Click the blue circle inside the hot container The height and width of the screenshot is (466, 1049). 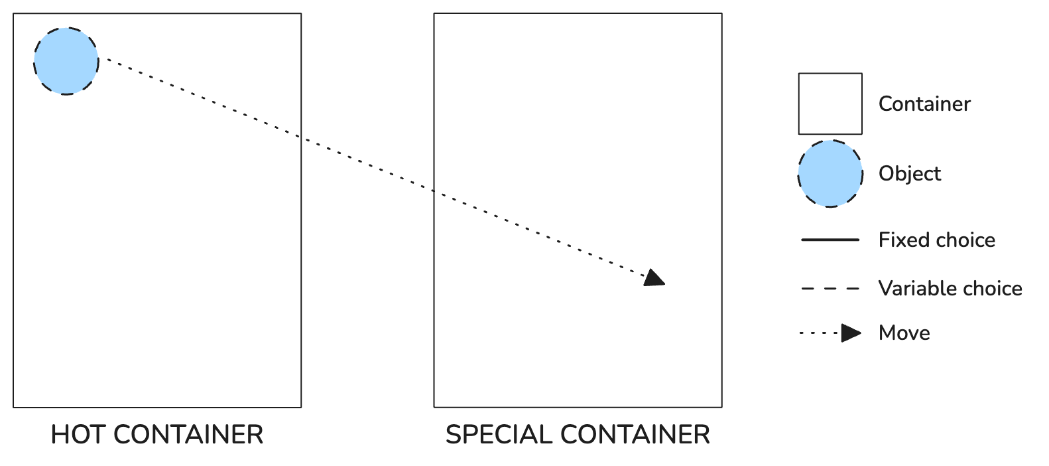pos(66,61)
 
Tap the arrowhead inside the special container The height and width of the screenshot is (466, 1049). pos(654,278)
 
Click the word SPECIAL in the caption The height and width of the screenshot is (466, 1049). pos(499,434)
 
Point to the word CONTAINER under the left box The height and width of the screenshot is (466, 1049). pos(188,434)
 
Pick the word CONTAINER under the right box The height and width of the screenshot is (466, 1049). pos(635,434)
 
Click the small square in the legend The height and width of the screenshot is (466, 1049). pos(830,104)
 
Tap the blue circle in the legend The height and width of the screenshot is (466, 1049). pos(830,173)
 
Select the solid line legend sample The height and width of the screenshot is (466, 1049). pos(830,240)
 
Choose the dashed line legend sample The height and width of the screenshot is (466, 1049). pos(830,288)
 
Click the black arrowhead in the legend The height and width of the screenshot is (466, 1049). pos(851,333)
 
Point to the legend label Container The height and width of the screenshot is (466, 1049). pos(924,104)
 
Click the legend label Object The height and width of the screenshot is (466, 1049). pos(910,173)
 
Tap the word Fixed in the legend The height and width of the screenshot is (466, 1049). pos(900,240)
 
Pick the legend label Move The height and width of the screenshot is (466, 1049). pos(904,333)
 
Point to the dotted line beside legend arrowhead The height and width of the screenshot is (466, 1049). pos(820,333)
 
